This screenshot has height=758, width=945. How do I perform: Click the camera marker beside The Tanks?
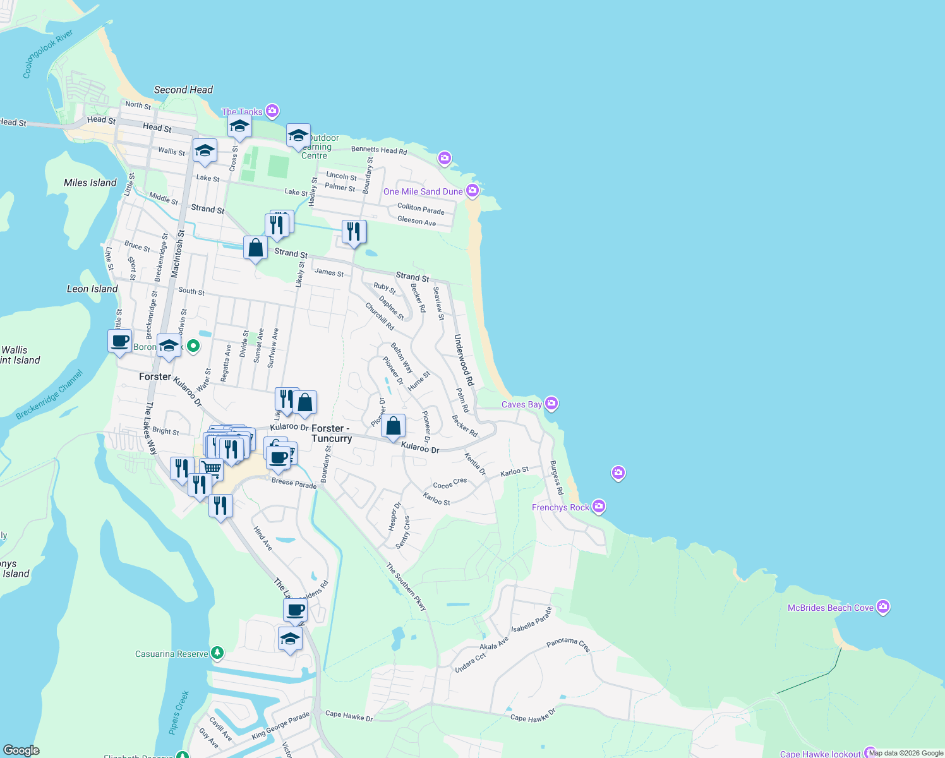[x=272, y=111]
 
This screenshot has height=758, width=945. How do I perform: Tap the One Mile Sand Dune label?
[x=423, y=191]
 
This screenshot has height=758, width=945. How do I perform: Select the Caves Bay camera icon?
[x=551, y=403]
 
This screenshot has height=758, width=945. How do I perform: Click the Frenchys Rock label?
[x=560, y=507]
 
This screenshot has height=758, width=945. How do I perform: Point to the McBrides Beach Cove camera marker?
[x=883, y=607]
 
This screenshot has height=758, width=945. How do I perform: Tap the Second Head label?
[x=183, y=90]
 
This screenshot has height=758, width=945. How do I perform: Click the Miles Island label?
[x=90, y=183]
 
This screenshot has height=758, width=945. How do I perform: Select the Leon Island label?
[x=92, y=289]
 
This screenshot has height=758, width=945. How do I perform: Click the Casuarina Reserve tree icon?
[x=217, y=653]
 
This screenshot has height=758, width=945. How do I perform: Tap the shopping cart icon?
[x=212, y=469]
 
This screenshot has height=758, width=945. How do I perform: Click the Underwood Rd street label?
[x=464, y=360]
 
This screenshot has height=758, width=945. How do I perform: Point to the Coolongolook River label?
[x=47, y=54]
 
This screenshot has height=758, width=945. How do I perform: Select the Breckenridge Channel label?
[x=49, y=395]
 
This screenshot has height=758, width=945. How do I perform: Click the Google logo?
[x=21, y=750]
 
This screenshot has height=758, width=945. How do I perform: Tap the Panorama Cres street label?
[x=568, y=644]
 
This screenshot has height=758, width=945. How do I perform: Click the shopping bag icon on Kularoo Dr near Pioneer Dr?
[x=393, y=426]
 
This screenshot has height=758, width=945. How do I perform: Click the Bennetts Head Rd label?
[x=379, y=150]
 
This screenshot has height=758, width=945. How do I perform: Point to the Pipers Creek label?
[x=179, y=713]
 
